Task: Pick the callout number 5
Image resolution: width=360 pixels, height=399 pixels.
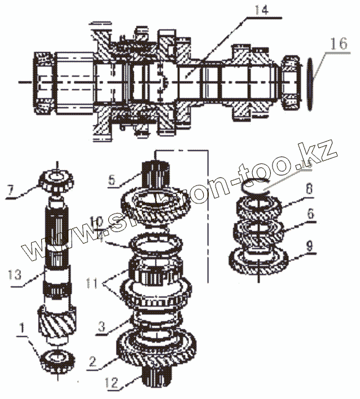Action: point(112,181)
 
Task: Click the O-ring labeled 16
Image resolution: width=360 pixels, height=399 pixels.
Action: point(309,81)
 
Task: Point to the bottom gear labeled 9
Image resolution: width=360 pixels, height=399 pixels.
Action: point(260,261)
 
